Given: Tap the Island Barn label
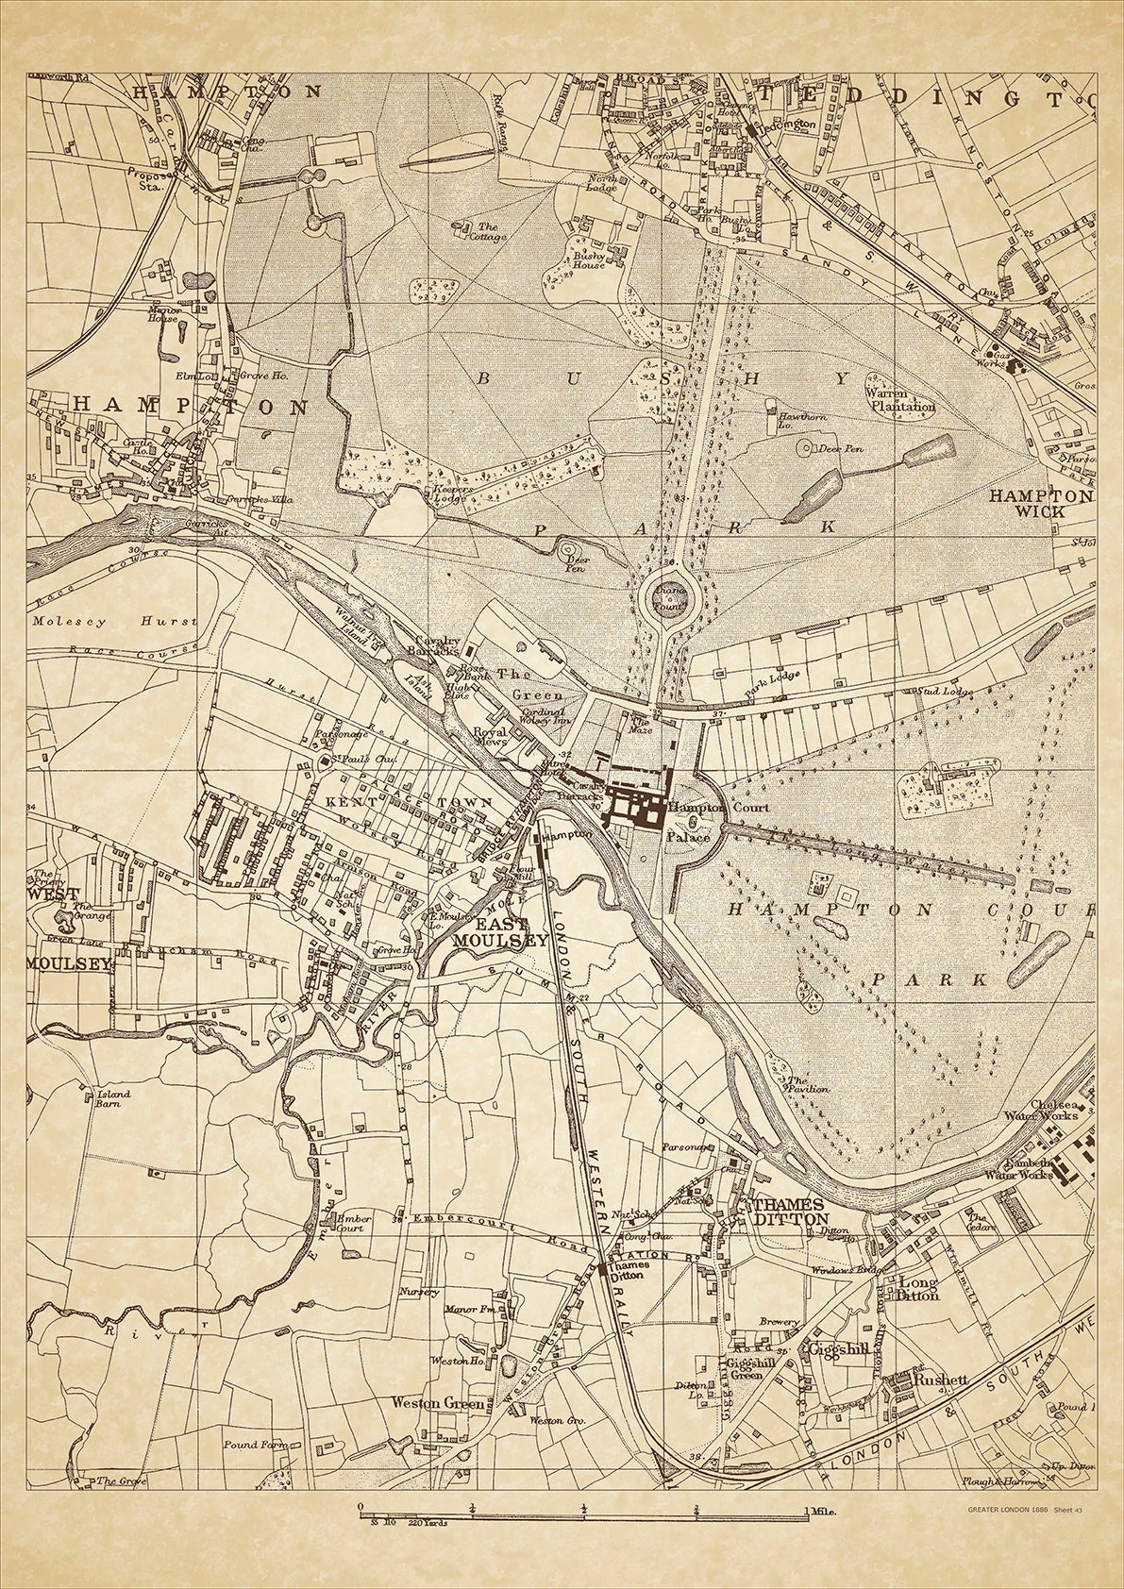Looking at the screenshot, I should (113, 1099).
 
